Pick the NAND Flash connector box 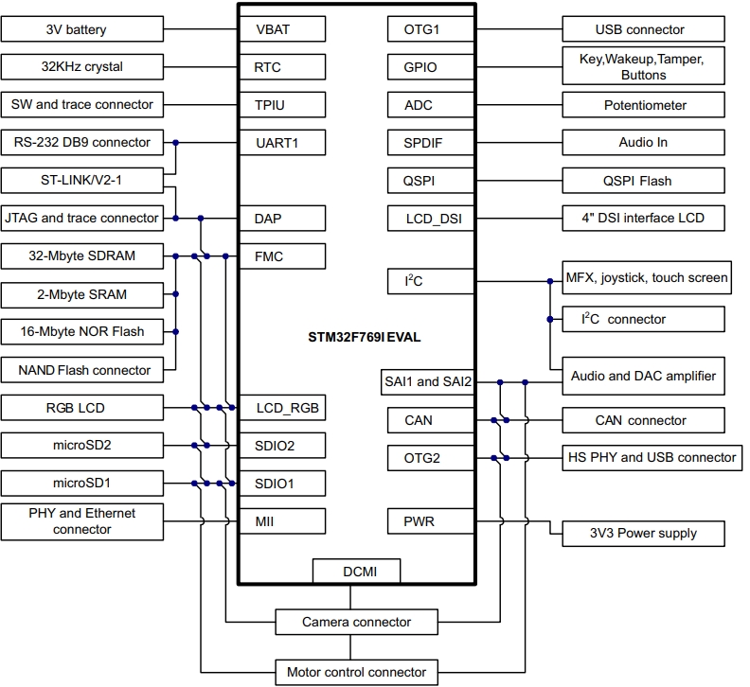(82, 370)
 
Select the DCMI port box (356, 571)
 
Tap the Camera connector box (356, 622)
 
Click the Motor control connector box (356, 672)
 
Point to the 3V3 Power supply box (644, 533)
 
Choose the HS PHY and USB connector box (651, 458)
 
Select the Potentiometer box (645, 105)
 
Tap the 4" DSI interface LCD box (644, 218)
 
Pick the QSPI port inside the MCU (419, 181)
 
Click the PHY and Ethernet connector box (81, 521)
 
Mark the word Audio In (644, 142)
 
